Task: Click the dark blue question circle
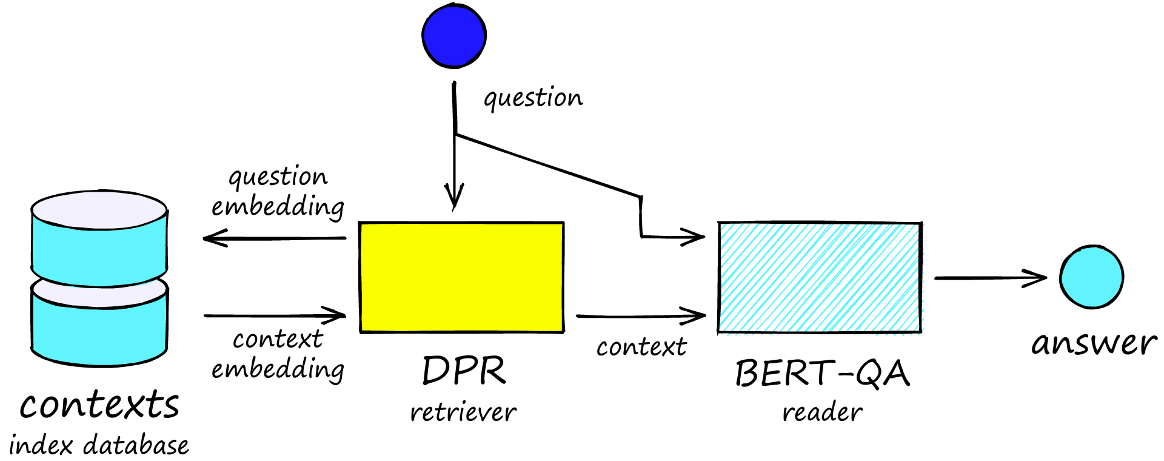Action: coord(454,35)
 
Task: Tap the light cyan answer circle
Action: coord(1091,277)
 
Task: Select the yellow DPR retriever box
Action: coord(461,277)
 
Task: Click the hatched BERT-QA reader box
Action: coord(820,277)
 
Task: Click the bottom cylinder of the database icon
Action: coord(99,325)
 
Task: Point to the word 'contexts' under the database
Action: coord(99,405)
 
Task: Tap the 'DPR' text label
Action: coord(464,371)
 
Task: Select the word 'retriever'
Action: coord(463,413)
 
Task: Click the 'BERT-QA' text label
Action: coord(822,373)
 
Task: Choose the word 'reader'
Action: coord(822,413)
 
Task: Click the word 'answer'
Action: coord(1094,343)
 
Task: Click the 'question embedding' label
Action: coord(278,192)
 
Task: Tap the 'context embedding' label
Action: coord(278,354)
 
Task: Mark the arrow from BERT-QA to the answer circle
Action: coord(991,278)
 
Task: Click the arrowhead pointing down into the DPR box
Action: coord(454,197)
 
